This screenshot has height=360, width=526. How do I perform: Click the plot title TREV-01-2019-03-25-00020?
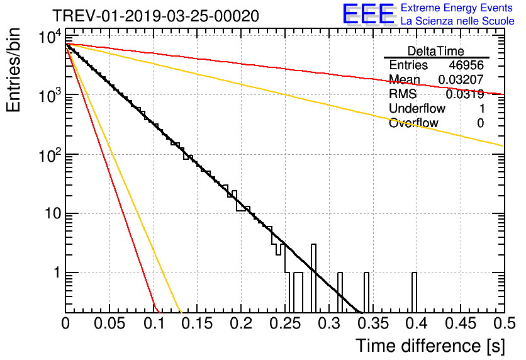tap(155, 15)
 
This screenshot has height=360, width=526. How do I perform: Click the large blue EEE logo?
tap(368, 14)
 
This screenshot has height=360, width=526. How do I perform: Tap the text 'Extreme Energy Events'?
tap(457, 8)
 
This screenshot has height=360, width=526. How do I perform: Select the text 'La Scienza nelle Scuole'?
tap(457, 21)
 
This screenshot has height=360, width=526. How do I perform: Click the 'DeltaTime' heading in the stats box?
tap(436, 51)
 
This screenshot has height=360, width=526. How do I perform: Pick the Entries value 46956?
tap(466, 65)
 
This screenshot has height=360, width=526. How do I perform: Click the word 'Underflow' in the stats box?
tap(417, 109)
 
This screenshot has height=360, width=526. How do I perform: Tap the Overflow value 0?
tap(480, 123)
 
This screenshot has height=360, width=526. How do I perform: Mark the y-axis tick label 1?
tap(56, 273)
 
